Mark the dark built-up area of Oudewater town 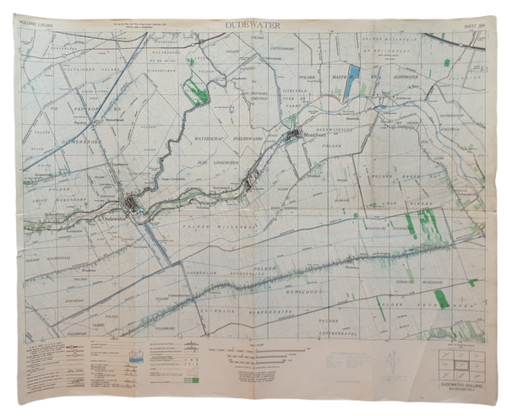tap(132, 203)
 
